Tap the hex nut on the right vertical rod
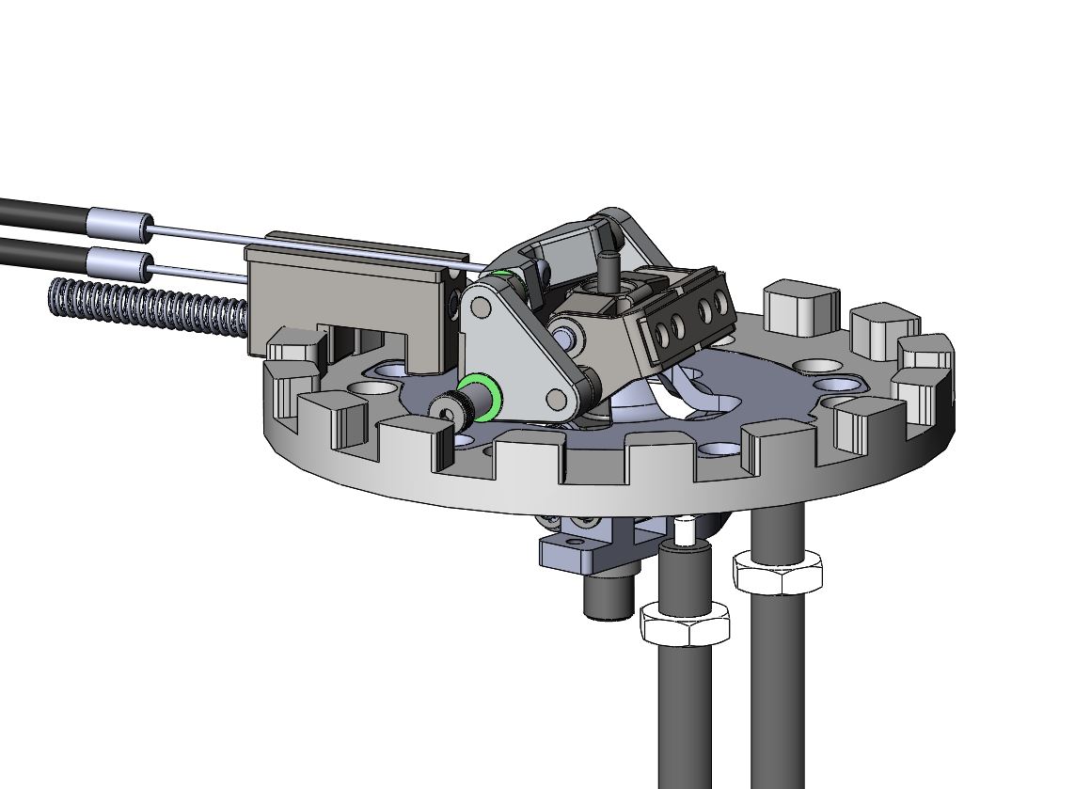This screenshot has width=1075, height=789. (777, 572)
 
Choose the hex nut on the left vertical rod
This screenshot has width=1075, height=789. (684, 623)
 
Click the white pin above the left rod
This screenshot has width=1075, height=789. (686, 531)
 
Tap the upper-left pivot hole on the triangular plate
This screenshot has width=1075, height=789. (480, 307)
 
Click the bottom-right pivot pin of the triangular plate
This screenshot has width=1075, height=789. (559, 401)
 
